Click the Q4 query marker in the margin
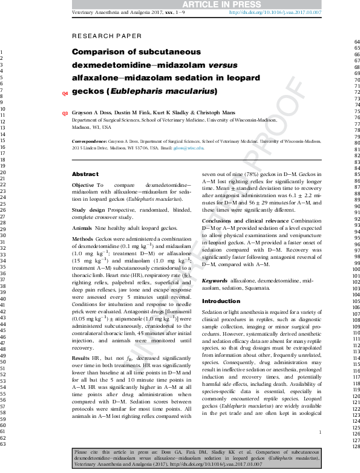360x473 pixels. pyautogui.click(x=65, y=94)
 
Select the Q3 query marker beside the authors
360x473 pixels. pyautogui.click(x=65, y=114)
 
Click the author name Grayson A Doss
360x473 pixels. pyautogui.click(x=90, y=113)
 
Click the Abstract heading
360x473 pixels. pyautogui.click(x=85, y=174)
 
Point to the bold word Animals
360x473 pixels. pyautogui.click(x=82, y=229)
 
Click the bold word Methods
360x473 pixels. pyautogui.click(x=83, y=240)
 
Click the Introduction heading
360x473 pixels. pyautogui.click(x=221, y=301)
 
